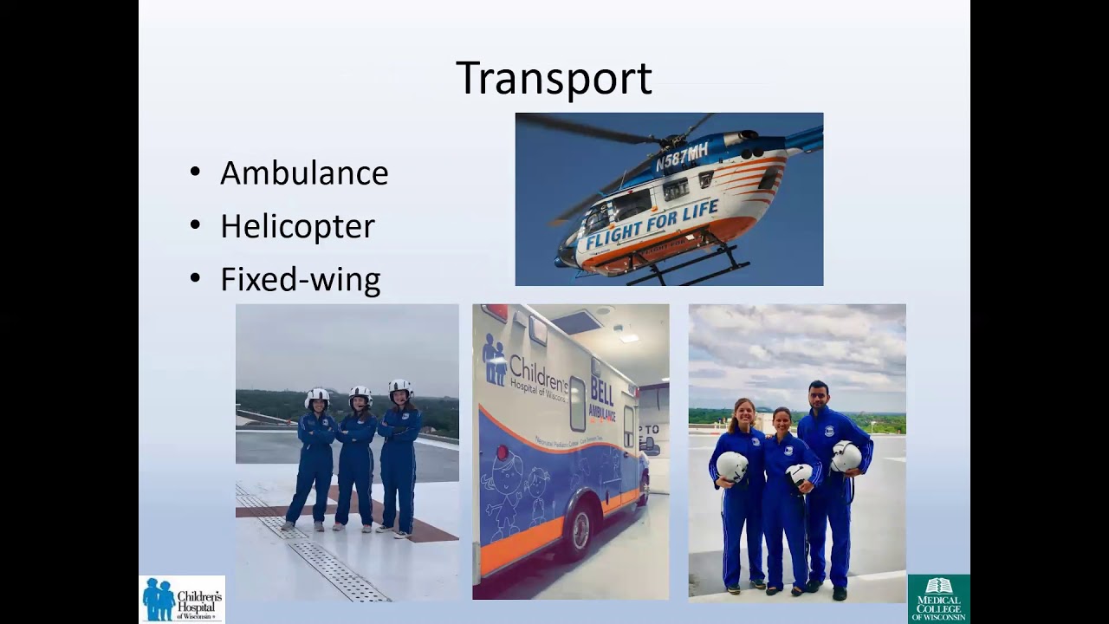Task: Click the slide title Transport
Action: [x=554, y=78]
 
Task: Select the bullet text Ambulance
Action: [x=303, y=173]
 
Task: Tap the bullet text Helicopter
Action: [x=297, y=226]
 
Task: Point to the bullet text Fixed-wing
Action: [x=300, y=280]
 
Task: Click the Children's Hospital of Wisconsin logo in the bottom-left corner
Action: [x=182, y=600]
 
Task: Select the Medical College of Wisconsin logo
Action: [x=938, y=599]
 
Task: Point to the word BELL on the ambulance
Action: [x=601, y=391]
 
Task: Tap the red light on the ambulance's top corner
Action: [x=495, y=313]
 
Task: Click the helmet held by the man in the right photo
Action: [x=846, y=457]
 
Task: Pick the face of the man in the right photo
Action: [x=819, y=397]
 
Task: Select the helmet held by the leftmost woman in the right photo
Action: [x=731, y=466]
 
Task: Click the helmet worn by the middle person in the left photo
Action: [x=360, y=396]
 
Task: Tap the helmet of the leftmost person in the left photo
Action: [x=318, y=397]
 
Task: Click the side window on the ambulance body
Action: [x=577, y=404]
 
